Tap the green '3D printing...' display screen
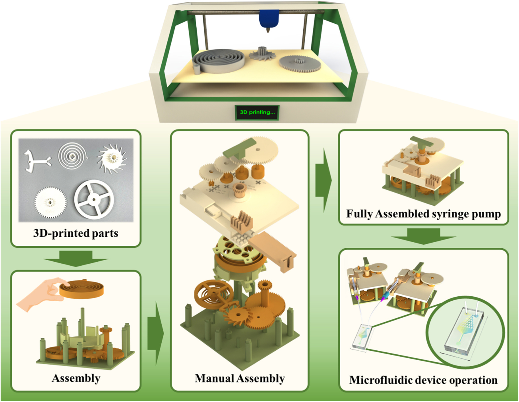257,112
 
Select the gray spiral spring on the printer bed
219,61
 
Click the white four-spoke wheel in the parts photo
94,198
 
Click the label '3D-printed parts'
76,233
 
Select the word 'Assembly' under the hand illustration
76,378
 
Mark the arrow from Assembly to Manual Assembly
155,333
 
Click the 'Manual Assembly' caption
240,378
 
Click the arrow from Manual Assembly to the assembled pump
324,180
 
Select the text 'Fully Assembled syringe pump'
423,214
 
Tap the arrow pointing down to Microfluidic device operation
423,236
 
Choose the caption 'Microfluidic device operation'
423,380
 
